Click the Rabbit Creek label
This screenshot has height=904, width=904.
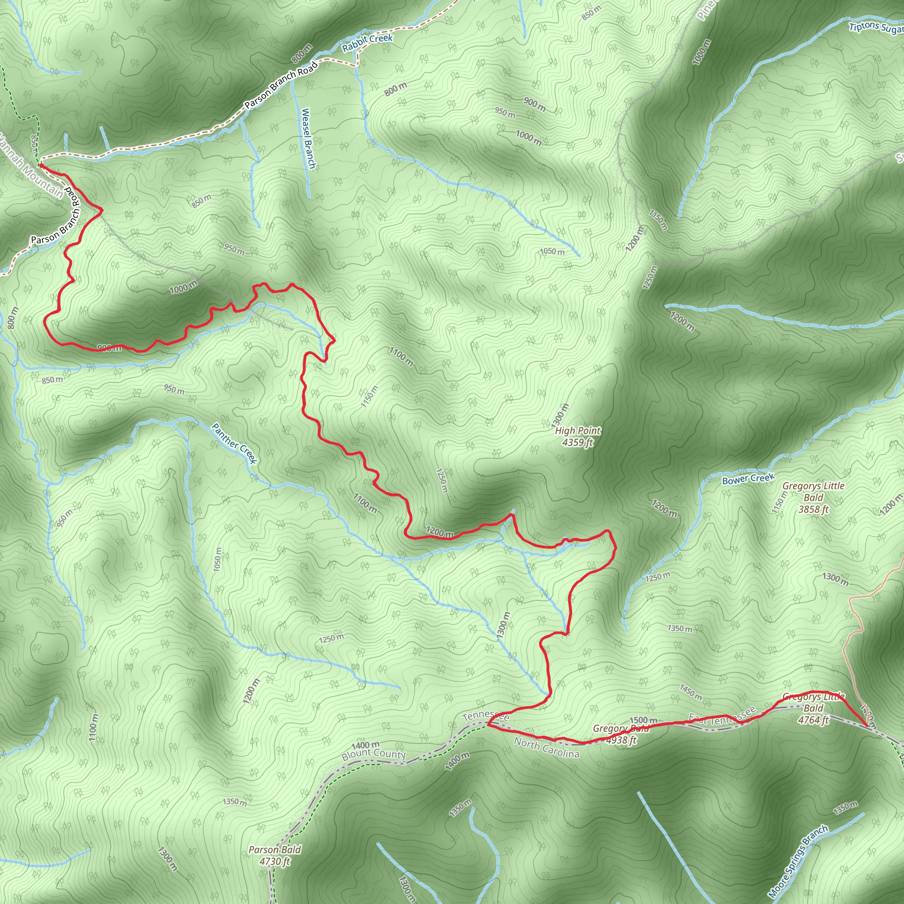click(367, 43)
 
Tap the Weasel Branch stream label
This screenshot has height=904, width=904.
click(309, 138)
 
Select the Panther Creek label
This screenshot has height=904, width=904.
click(234, 443)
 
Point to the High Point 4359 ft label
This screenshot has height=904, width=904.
click(577, 436)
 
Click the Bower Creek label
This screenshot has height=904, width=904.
click(749, 478)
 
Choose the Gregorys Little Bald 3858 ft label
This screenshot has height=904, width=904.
click(813, 497)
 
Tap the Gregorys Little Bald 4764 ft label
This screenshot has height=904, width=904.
click(813, 708)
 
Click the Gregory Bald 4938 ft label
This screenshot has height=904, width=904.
click(621, 734)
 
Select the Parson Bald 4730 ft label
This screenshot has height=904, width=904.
click(275, 855)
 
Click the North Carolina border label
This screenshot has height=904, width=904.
click(546, 747)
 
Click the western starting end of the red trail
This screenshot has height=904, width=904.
click(41, 165)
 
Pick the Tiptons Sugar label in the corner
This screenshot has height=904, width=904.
click(876, 28)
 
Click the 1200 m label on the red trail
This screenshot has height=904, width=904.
click(439, 532)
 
